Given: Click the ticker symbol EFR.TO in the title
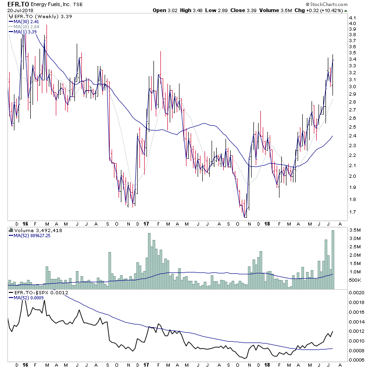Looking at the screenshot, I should coord(18,4).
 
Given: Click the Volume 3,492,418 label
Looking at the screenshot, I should coord(35,230).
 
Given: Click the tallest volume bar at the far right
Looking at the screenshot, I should coord(333,260).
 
